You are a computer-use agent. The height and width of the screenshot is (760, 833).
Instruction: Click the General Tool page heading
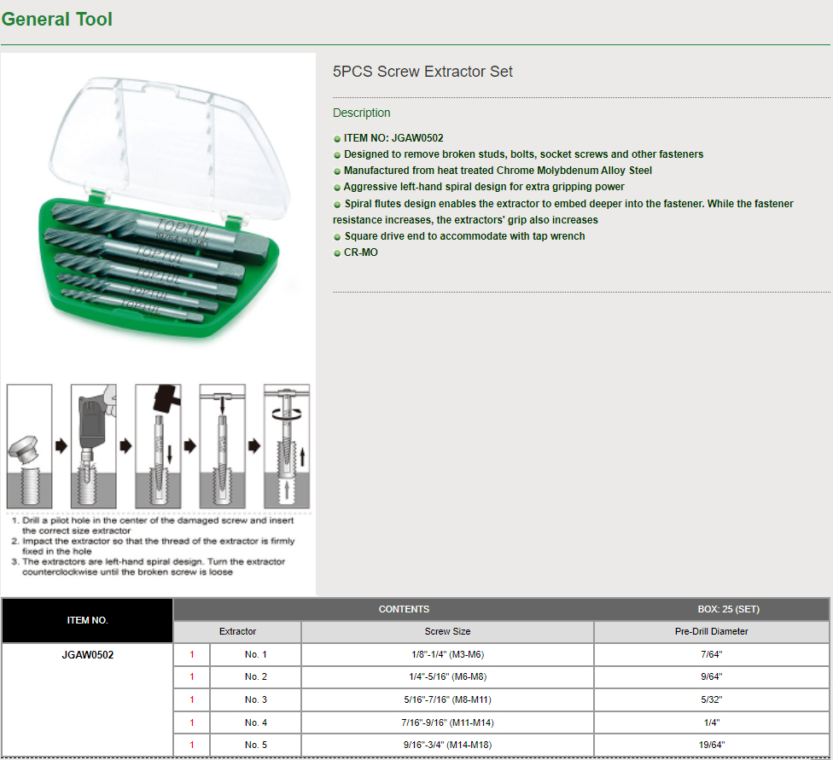pos(57,19)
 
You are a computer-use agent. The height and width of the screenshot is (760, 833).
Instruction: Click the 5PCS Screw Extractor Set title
pos(422,72)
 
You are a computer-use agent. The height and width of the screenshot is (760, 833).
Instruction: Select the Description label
pos(361,113)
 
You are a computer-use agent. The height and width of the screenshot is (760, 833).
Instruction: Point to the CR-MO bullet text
pos(361,252)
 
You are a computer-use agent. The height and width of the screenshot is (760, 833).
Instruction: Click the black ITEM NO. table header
pos(88,620)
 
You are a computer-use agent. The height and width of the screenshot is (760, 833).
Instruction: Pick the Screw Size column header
pos(447,631)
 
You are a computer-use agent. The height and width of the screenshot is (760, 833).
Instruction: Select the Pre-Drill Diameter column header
pos(711,631)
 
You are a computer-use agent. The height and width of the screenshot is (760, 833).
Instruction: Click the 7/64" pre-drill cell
pos(711,654)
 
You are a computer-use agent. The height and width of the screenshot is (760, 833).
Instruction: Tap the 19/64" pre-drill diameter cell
pos(711,745)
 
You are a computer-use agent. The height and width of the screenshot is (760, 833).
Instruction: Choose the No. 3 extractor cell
pos(255,700)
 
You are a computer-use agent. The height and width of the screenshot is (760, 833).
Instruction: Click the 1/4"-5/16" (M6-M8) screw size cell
pos(447,676)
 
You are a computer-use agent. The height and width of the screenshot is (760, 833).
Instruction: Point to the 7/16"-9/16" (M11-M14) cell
pos(447,722)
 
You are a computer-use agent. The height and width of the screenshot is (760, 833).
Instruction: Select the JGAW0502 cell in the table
pos(88,655)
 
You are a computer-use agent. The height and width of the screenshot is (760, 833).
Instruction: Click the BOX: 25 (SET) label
pos(728,609)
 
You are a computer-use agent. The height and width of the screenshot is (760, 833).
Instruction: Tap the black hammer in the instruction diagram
pos(166,397)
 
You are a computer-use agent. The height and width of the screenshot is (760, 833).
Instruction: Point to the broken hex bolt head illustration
pos(22,450)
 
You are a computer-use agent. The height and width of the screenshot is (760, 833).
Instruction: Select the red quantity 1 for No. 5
pos(192,745)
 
